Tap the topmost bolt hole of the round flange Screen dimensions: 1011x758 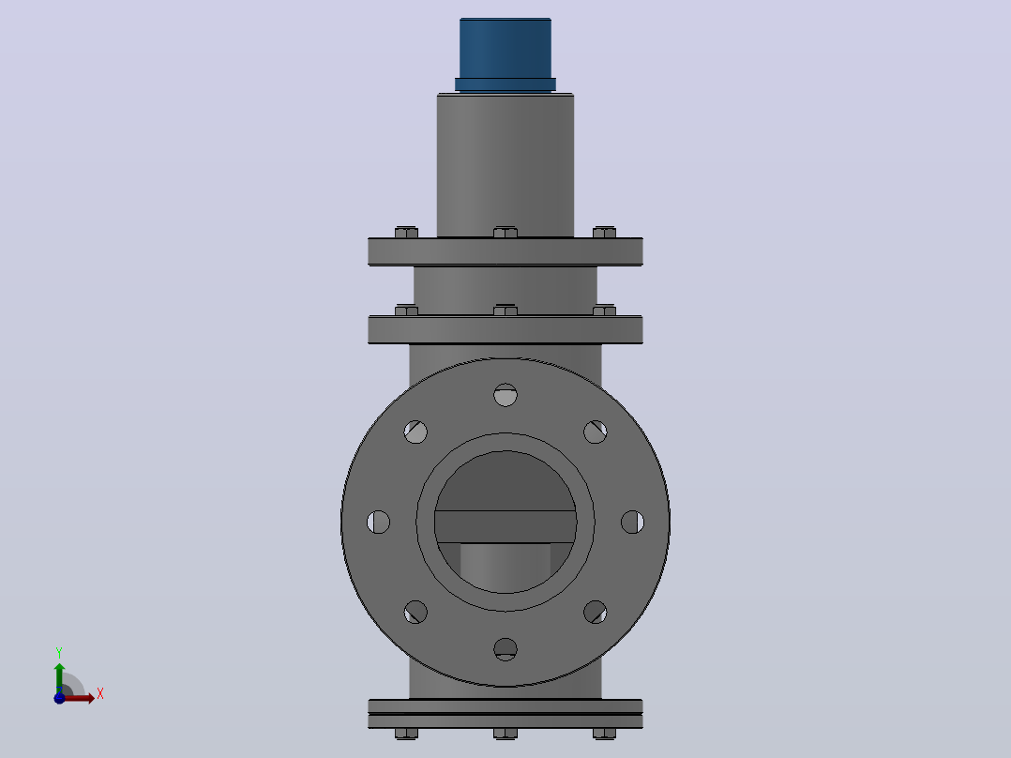(505, 395)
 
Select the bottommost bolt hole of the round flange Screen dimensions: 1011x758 (505, 649)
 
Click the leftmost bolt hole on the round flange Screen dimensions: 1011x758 (379, 522)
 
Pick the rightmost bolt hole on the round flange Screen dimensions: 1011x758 (632, 522)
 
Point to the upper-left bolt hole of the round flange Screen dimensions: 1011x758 (415, 432)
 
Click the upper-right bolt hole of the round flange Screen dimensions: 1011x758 (596, 432)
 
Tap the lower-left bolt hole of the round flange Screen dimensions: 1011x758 (415, 612)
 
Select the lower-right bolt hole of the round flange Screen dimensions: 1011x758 (596, 612)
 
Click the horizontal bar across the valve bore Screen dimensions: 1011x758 (505, 526)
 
